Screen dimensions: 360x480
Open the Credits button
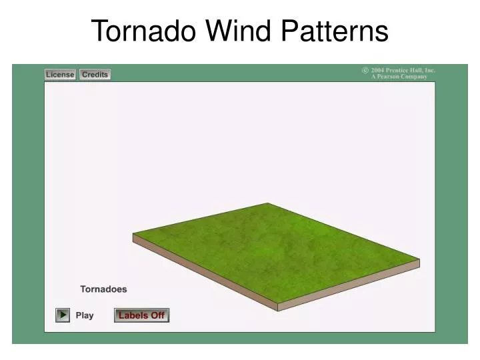(x=95, y=75)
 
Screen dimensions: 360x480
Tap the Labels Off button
(x=141, y=315)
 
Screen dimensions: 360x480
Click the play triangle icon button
(x=63, y=315)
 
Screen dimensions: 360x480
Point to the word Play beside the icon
(x=85, y=315)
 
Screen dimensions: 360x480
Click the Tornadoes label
(x=103, y=289)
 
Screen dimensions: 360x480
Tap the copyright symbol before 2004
(x=365, y=70)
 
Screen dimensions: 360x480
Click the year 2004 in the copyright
(x=379, y=70)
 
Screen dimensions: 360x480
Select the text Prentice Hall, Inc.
(x=411, y=70)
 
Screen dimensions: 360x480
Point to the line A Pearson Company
(x=399, y=77)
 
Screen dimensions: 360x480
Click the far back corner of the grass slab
(x=268, y=203)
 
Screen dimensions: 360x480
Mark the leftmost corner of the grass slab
(x=133, y=235)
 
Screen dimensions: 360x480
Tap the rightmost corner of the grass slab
(x=419, y=260)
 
